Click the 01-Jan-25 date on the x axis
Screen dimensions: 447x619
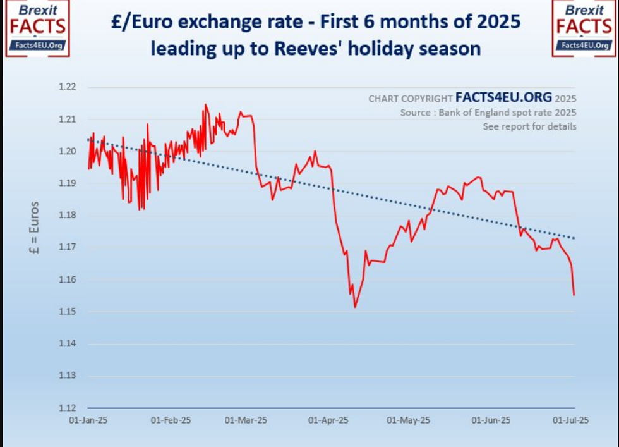pos(88,420)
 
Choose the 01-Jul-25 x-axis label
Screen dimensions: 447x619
pos(570,420)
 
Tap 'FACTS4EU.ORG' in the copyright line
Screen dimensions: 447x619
pos(503,98)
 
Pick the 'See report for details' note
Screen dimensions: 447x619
pos(529,126)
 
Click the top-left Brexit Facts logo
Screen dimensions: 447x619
pos(37,28)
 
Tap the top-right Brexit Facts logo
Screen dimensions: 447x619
pos(584,28)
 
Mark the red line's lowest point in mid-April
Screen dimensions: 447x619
pos(355,307)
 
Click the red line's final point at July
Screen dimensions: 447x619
pos(574,295)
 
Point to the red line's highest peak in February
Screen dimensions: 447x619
pos(205,104)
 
